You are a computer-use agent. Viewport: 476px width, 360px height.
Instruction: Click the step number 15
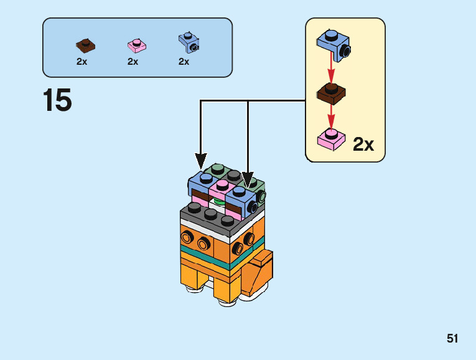[57, 100]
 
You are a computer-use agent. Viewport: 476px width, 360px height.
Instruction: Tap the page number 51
[452, 339]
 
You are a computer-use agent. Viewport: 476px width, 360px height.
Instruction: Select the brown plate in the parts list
[85, 44]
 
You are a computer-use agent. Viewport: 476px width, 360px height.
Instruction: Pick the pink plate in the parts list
[136, 45]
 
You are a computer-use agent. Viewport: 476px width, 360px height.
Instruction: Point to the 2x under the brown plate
[82, 62]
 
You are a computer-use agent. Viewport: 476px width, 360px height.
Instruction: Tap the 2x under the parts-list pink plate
[133, 62]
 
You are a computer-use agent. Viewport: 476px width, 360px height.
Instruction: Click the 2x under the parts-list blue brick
[184, 62]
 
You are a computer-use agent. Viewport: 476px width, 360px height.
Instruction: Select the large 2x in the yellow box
[363, 144]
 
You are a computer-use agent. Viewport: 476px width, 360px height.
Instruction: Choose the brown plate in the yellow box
[331, 93]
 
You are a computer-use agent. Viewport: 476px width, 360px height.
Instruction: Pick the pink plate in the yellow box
[332, 139]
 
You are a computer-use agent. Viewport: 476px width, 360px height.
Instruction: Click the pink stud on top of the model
[222, 185]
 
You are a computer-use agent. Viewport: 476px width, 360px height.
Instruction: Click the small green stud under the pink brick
[219, 201]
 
